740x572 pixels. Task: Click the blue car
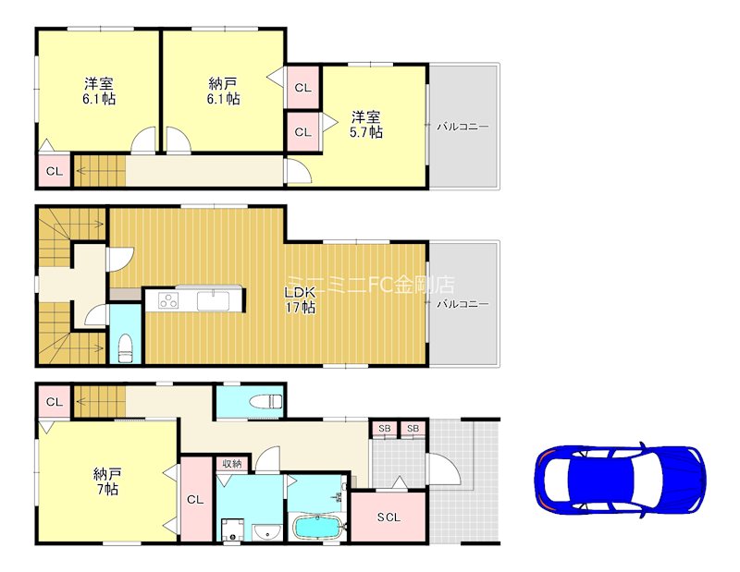click(x=619, y=481)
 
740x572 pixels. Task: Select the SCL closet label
click(x=388, y=517)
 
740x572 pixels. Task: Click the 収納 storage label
click(x=231, y=464)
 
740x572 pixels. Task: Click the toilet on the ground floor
click(x=267, y=400)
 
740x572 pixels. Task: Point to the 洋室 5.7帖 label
click(x=364, y=124)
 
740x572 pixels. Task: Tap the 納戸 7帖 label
click(x=105, y=481)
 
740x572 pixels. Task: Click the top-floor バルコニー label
click(x=462, y=126)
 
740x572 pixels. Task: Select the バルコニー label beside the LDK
click(x=462, y=303)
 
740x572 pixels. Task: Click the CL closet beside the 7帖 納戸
click(x=194, y=499)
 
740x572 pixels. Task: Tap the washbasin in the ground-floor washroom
click(x=269, y=531)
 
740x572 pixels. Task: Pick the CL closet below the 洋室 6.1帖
click(x=54, y=171)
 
